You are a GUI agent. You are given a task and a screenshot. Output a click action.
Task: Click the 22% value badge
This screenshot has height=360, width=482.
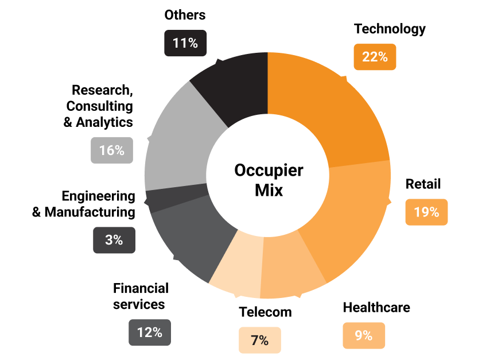pos(375,57)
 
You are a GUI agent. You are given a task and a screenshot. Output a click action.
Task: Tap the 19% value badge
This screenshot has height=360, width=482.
pos(426,212)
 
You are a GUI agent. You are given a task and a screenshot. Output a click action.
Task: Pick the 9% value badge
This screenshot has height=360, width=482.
pos(364,336)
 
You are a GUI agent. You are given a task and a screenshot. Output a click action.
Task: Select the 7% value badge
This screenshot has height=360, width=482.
pos(260,340)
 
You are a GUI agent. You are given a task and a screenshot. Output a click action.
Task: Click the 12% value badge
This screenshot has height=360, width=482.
pos(150,332)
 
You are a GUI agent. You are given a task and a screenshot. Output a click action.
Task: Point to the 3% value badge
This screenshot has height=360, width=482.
pos(114,240)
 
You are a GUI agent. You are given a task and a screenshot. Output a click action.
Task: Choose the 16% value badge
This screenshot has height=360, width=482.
pos(112,150)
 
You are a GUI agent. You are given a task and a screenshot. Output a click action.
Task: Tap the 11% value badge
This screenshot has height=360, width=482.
pos(185,43)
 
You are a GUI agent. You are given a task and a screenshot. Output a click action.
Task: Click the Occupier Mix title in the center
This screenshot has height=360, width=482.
pos(269,180)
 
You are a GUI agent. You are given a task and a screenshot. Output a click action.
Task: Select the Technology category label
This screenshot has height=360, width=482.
pos(390,29)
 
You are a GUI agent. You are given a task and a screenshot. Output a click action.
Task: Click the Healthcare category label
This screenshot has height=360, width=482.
pos(376,307)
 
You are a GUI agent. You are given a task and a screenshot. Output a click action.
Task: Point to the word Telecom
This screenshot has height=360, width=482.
pos(265,312)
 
